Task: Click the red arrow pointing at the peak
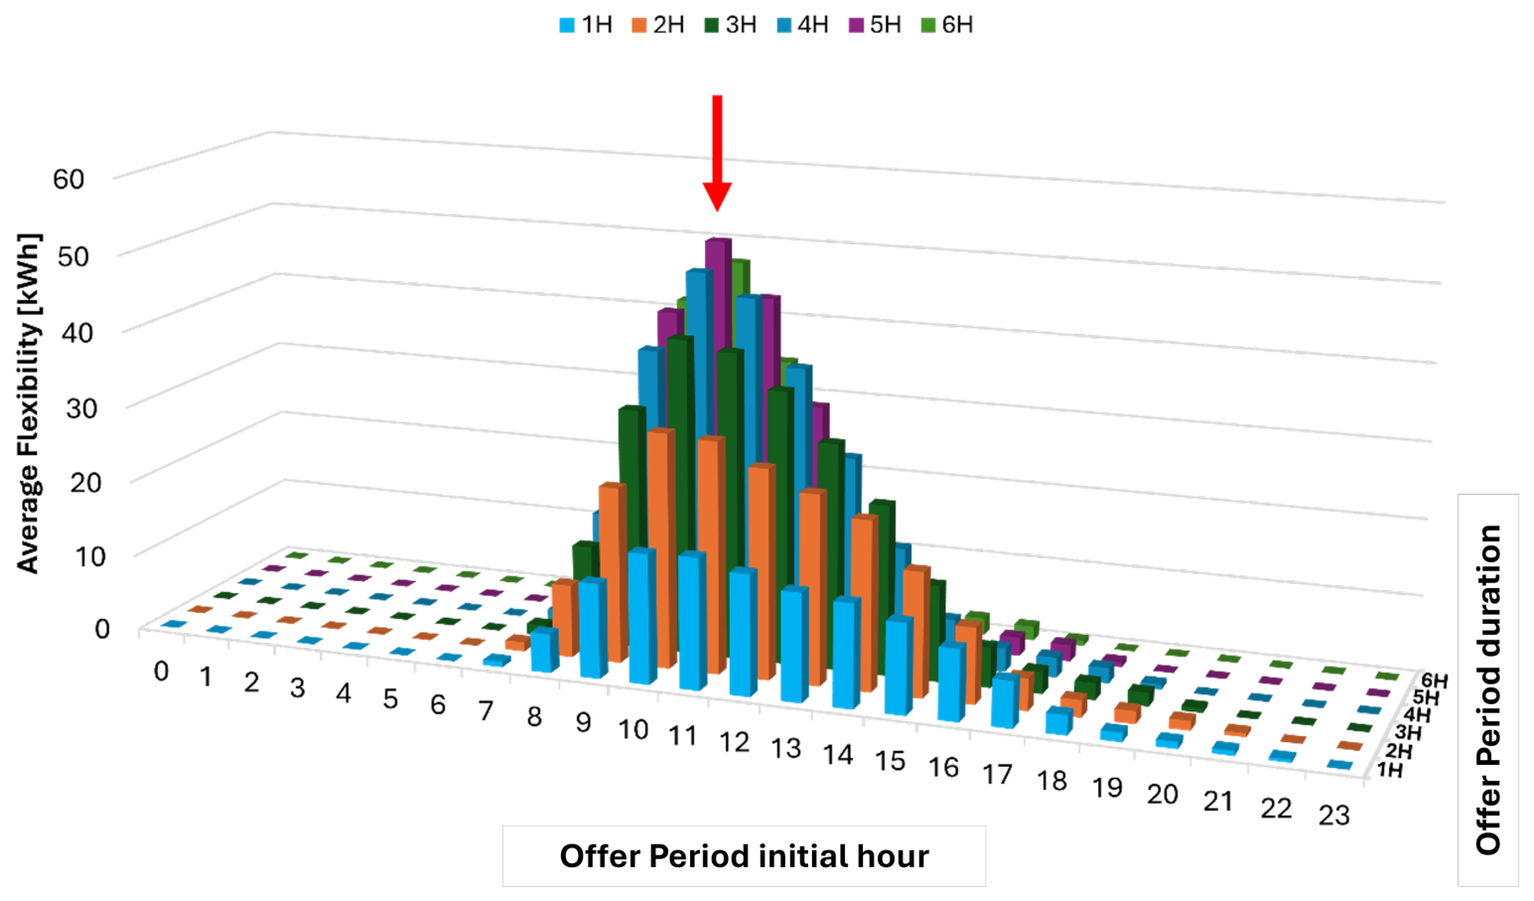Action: tap(717, 153)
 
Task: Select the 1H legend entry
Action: tap(586, 26)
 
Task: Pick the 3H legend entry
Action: tap(730, 26)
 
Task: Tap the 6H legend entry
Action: tap(947, 26)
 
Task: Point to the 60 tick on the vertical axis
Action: tap(69, 180)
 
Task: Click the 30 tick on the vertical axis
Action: tap(80, 408)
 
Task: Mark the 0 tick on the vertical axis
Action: tap(102, 628)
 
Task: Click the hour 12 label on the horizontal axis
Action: tap(734, 742)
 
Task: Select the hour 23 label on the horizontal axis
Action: tap(1334, 816)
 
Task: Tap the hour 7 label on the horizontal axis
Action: tap(486, 711)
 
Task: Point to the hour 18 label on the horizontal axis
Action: tap(1051, 781)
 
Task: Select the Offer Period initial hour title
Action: tap(745, 856)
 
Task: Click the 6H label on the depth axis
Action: tap(1434, 680)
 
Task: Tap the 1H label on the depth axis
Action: tap(1390, 770)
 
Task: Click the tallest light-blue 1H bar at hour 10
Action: tap(642, 616)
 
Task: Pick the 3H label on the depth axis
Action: tap(1408, 733)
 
